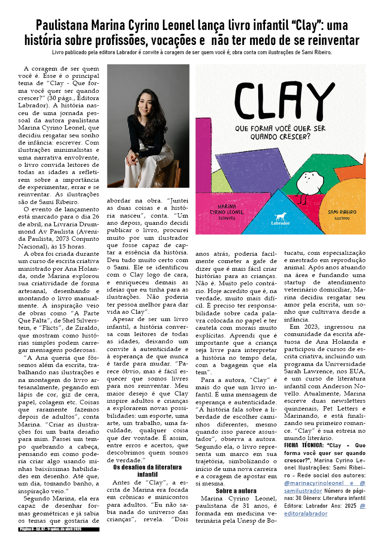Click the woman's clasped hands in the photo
coord(134,157)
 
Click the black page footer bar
coord(58,529)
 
